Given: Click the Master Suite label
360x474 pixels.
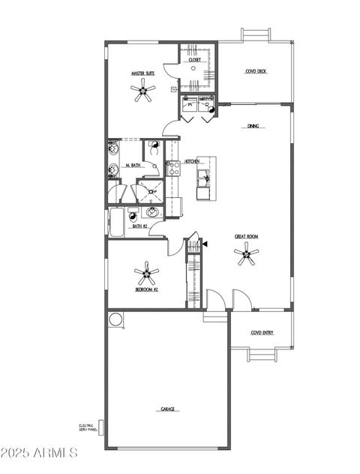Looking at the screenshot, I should click(142, 73).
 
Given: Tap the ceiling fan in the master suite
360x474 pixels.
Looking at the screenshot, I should click(142, 92).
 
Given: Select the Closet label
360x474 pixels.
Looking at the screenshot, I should click(194, 60).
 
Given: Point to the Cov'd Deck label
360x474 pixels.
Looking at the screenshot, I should click(256, 72).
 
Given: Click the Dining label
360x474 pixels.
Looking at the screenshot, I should click(253, 126).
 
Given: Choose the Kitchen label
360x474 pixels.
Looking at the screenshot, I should click(192, 161).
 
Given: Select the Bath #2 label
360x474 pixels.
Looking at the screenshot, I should click(139, 225).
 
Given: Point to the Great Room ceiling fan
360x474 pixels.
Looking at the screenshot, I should click(246, 256).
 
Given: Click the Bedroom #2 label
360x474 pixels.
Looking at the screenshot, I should click(145, 289).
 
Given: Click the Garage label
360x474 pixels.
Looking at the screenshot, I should click(168, 409).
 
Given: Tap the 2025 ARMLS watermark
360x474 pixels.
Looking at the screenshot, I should click(39, 452).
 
